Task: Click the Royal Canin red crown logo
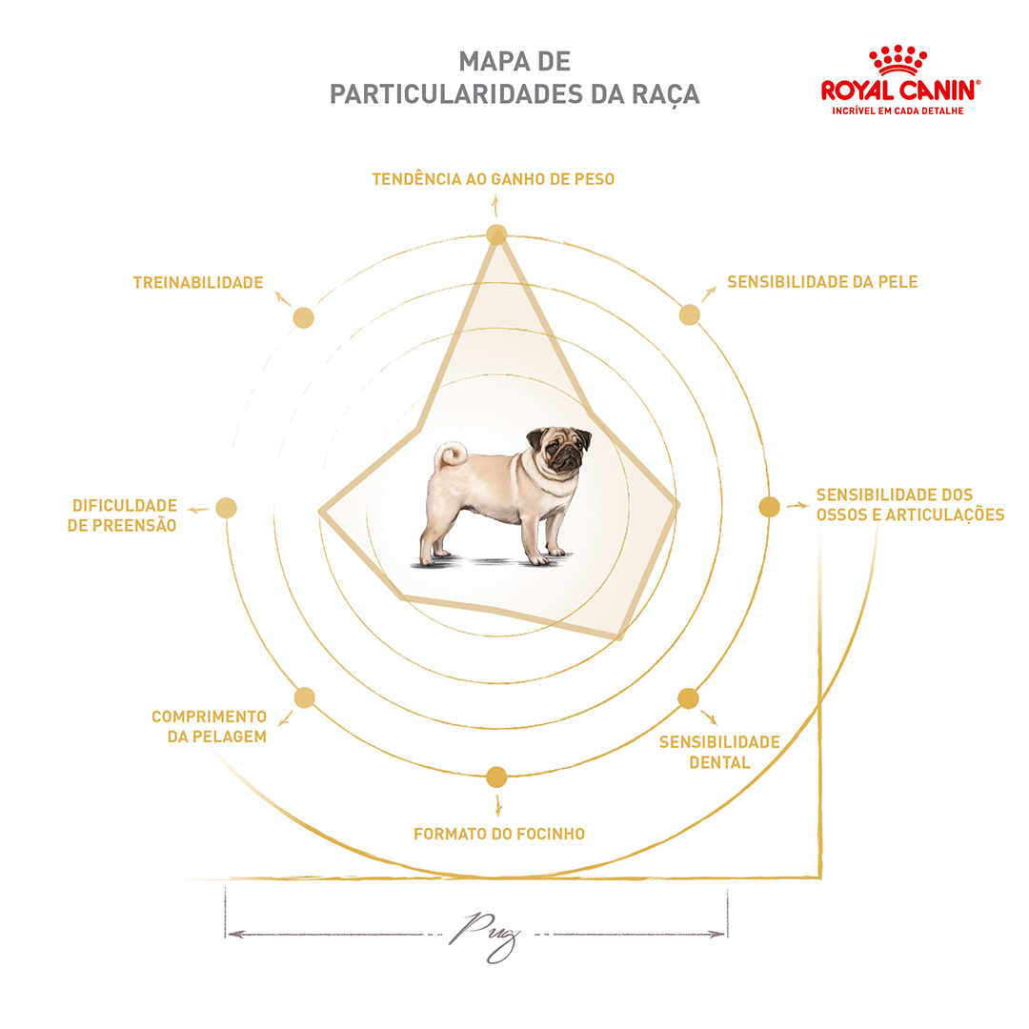pyautogui.click(x=898, y=60)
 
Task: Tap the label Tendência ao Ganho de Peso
pyautogui.click(x=493, y=179)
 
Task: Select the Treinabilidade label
pyautogui.click(x=198, y=283)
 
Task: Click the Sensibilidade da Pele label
pyautogui.click(x=822, y=282)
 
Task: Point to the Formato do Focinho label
pyautogui.click(x=498, y=834)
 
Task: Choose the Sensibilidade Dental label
pyautogui.click(x=719, y=752)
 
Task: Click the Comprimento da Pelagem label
pyautogui.click(x=209, y=726)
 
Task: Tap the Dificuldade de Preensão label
pyautogui.click(x=122, y=515)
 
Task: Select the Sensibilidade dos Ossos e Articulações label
pyautogui.click(x=910, y=505)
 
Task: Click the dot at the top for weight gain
pyautogui.click(x=496, y=234)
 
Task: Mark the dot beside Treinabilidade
pyautogui.click(x=303, y=317)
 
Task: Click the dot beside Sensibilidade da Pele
pyautogui.click(x=689, y=315)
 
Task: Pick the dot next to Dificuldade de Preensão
pyautogui.click(x=226, y=508)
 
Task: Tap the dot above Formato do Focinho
pyautogui.click(x=496, y=777)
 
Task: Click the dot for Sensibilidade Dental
pyautogui.click(x=688, y=698)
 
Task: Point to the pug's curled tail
pyautogui.click(x=450, y=454)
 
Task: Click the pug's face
pyautogui.click(x=560, y=450)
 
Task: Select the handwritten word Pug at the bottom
pyautogui.click(x=485, y=937)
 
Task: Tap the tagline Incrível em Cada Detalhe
pyautogui.click(x=898, y=111)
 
